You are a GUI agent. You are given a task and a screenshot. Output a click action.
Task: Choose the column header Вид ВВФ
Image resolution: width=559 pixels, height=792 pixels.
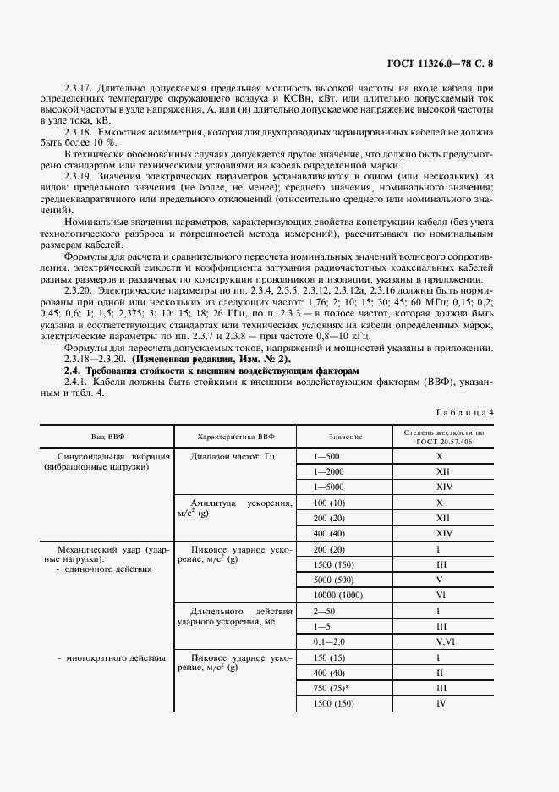[x=107, y=436]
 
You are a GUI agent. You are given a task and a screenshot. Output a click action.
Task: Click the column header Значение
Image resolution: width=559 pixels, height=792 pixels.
[x=346, y=436]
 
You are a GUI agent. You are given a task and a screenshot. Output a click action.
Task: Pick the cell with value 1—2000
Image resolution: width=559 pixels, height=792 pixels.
[x=329, y=470]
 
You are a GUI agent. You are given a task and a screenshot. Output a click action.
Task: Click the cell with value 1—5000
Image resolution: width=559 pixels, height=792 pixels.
[x=329, y=487]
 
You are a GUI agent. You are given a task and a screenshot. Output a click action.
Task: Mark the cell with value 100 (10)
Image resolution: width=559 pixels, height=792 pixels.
[x=329, y=503]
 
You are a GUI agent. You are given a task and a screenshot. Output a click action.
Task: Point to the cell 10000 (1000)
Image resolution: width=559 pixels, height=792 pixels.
[x=337, y=596]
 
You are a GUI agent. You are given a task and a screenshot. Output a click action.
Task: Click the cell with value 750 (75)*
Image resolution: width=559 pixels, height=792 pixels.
[x=332, y=688]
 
